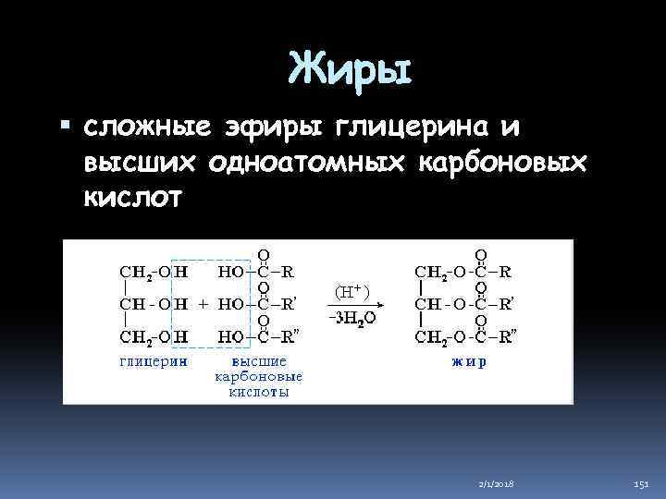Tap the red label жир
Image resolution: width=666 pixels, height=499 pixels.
(470, 362)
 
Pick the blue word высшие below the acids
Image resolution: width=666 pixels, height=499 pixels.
(259, 362)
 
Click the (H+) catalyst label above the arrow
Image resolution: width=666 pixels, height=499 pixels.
(351, 291)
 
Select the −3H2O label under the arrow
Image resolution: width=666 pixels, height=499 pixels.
(352, 319)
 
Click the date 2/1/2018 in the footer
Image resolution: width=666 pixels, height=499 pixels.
(499, 483)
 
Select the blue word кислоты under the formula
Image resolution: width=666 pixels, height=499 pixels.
(259, 393)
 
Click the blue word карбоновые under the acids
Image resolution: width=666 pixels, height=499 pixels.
(259, 378)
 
